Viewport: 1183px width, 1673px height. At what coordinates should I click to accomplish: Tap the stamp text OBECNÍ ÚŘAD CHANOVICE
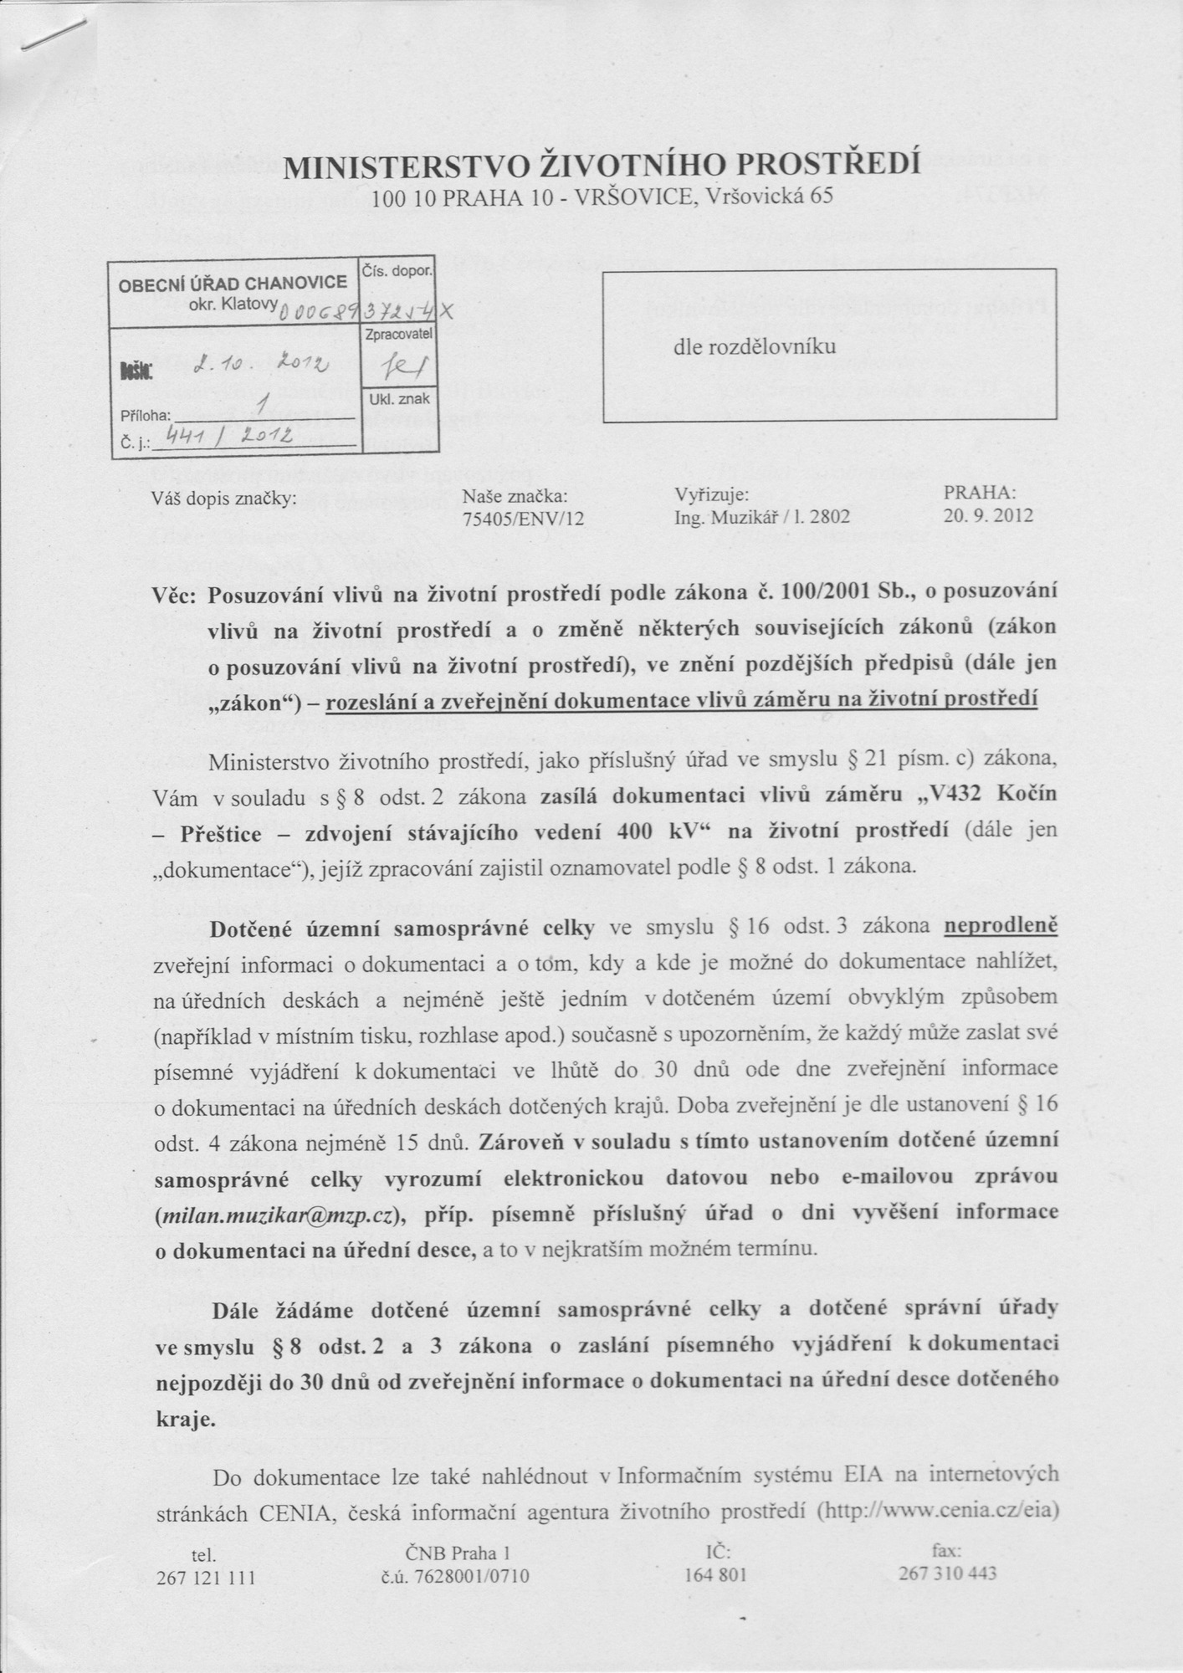(233, 283)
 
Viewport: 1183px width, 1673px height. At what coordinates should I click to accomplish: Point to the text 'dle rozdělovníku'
(754, 344)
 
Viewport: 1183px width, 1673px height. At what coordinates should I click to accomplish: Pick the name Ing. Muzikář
(718, 517)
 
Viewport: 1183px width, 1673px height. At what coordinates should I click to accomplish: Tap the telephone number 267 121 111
(205, 1578)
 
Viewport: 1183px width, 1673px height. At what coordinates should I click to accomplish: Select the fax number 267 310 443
(947, 1573)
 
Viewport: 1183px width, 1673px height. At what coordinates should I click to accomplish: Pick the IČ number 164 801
(715, 1576)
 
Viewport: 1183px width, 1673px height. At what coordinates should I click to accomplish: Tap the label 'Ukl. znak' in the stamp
(398, 400)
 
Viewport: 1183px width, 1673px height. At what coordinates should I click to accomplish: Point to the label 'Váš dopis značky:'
(223, 499)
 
